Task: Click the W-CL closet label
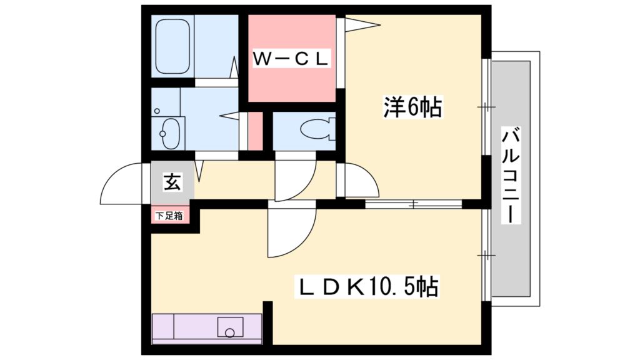pyautogui.click(x=291, y=59)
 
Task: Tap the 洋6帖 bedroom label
pyautogui.click(x=412, y=107)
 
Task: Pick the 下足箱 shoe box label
pyautogui.click(x=169, y=216)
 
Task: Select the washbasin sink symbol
pyautogui.click(x=167, y=132)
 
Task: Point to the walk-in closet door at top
pyautogui.click(x=359, y=25)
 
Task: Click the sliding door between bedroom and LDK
pyautogui.click(x=413, y=204)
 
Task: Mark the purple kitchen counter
pyautogui.click(x=206, y=328)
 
